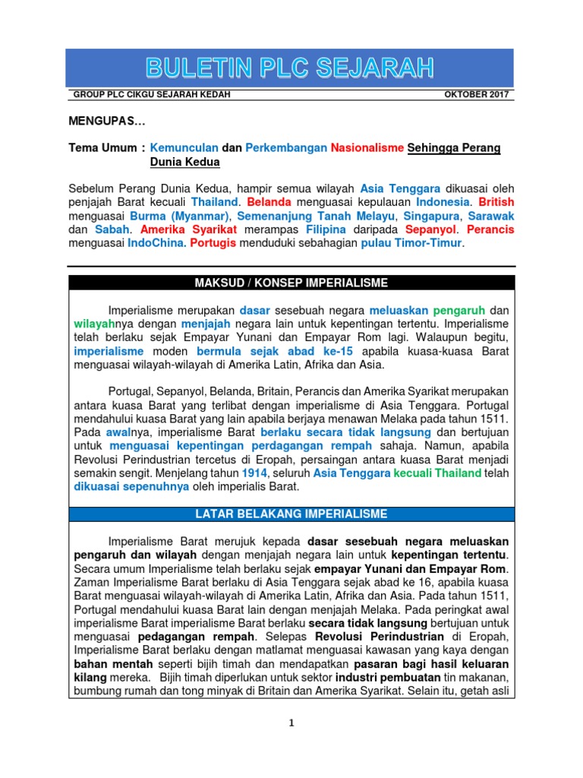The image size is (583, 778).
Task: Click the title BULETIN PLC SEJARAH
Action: point(291,69)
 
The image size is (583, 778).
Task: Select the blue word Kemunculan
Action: point(184,148)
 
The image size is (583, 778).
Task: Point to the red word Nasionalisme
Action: point(367,148)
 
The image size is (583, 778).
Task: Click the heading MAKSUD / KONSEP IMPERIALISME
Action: point(291,283)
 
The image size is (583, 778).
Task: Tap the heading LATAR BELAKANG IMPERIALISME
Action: point(291,514)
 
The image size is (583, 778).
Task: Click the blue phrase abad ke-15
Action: point(318,352)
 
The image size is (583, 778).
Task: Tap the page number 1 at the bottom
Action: point(291,723)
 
